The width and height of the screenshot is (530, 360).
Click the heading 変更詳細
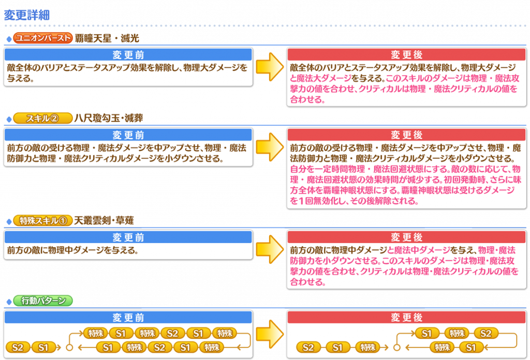pos(27,15)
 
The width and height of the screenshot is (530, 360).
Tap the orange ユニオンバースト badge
pos(43,38)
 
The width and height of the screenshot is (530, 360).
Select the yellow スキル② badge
pos(43,118)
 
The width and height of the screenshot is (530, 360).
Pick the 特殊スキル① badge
pos(43,221)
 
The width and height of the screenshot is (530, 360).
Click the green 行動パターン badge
pos(43,300)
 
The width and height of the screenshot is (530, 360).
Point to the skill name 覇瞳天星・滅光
pos(107,38)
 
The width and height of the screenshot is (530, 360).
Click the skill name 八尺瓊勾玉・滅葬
pos(109,118)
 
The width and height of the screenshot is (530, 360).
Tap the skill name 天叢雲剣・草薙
pos(104,221)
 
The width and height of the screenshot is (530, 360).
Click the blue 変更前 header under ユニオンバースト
pos(128,54)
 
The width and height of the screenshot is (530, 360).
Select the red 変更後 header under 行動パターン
pos(407,318)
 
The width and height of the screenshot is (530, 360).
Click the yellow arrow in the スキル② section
pos(270,147)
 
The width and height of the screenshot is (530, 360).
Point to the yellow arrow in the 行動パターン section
pos(270,334)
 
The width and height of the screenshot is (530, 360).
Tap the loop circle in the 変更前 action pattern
pos(69,348)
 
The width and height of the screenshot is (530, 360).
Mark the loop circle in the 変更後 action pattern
pos(397,348)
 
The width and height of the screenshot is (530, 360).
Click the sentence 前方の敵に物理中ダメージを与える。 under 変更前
pos(72,250)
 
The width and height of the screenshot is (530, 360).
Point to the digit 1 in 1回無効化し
pos(301,201)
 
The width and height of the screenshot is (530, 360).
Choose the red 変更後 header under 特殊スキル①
pos(407,237)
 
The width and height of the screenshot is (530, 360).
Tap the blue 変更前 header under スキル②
pos(128,135)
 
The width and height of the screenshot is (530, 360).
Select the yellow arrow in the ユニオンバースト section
pos(270,67)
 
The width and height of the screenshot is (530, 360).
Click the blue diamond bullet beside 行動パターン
pos(9,301)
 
